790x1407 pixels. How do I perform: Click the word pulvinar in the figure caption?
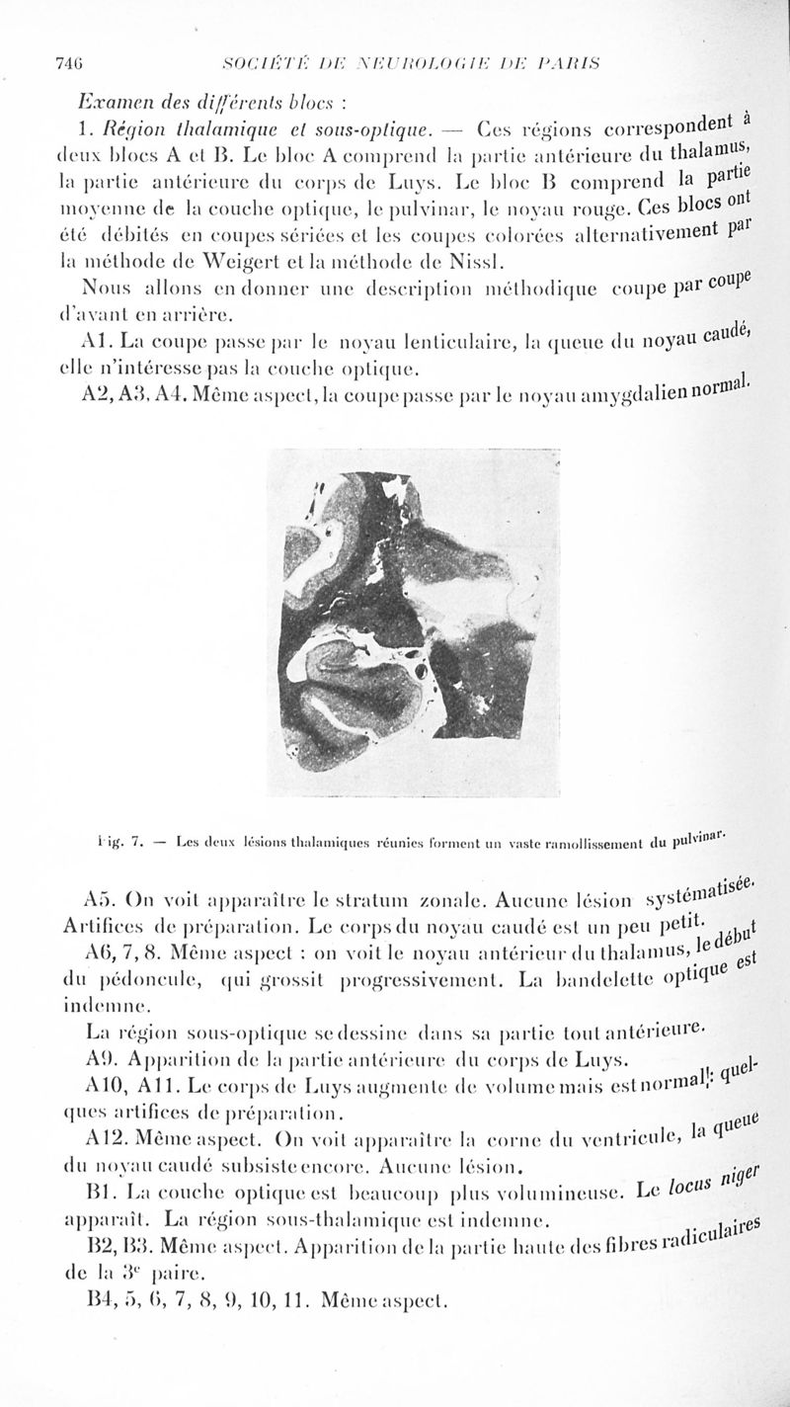click(703, 841)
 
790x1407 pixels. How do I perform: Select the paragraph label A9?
click(102, 1063)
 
